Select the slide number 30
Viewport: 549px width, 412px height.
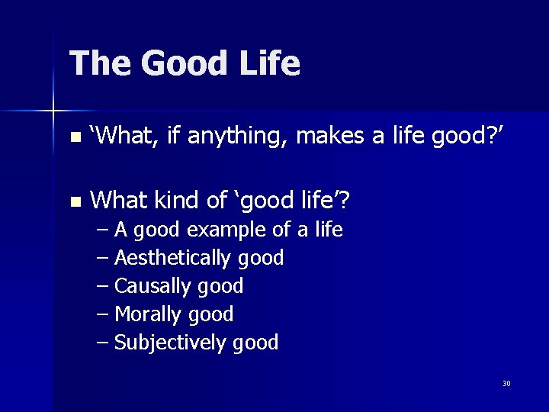pos(506,383)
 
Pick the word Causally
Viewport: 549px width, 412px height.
pos(152,287)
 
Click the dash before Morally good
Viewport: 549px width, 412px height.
pos(104,314)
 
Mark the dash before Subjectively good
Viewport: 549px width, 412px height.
pos(104,343)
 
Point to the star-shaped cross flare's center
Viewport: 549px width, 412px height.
pos(53,111)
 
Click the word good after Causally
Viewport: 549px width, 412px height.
pos(220,287)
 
